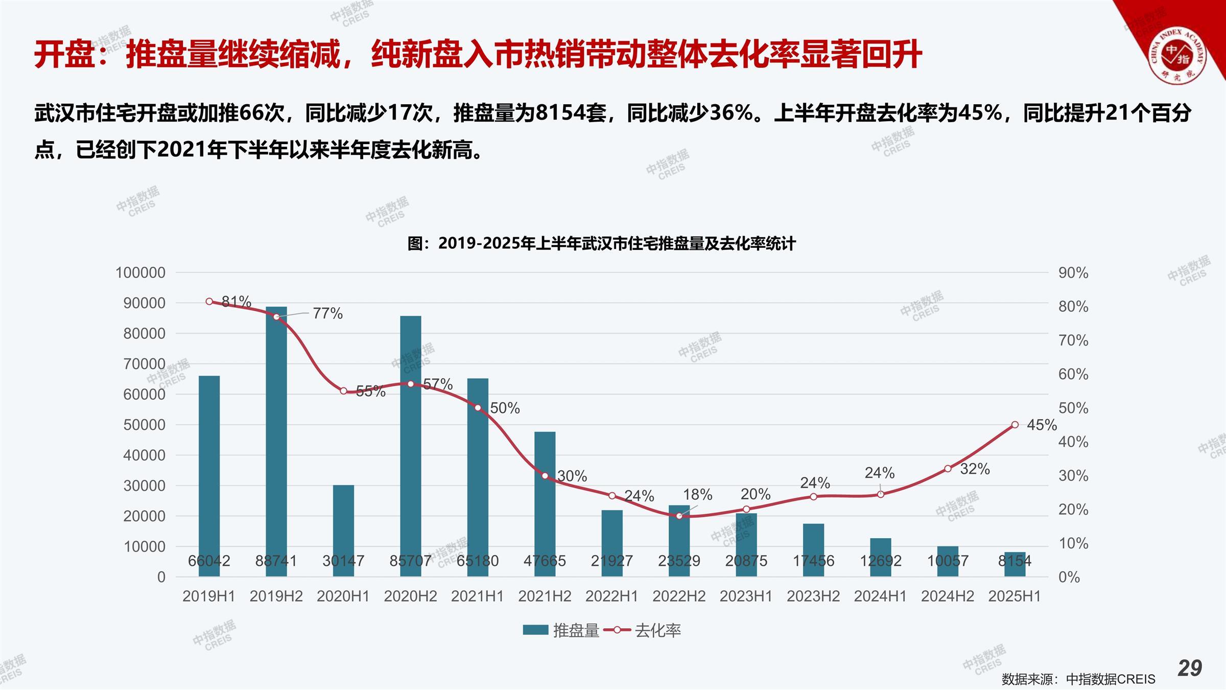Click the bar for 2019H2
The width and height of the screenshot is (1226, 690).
276,440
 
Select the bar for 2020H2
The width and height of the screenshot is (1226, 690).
411,445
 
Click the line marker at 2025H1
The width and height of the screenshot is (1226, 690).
1015,425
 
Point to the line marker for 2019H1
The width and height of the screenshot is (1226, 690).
209,302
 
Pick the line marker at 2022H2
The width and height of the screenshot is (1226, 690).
679,516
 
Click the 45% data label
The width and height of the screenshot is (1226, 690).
1041,425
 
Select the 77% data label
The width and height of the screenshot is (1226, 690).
327,313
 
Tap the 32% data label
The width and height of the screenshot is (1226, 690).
975,469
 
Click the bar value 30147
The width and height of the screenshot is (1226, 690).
343,561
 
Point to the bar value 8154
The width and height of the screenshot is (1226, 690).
1015,561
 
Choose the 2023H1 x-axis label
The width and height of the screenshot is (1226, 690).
746,596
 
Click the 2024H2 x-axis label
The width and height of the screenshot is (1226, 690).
948,596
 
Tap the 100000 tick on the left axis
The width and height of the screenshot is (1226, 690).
140,272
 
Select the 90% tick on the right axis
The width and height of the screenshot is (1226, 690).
1073,273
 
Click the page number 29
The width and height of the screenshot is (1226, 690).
1190,668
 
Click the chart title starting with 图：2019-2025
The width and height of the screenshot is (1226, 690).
601,243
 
